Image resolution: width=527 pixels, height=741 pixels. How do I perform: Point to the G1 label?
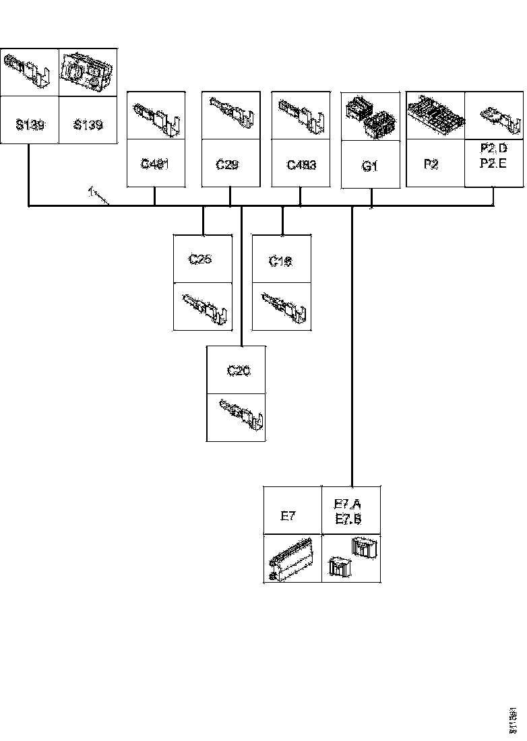369,166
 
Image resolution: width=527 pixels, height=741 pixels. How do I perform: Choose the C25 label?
201,258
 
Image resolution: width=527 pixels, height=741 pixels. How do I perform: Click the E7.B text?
348,519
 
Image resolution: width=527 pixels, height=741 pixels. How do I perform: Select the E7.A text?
348,504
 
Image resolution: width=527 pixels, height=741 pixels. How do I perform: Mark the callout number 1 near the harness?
90,192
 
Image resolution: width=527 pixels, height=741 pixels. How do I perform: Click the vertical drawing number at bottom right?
516,720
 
